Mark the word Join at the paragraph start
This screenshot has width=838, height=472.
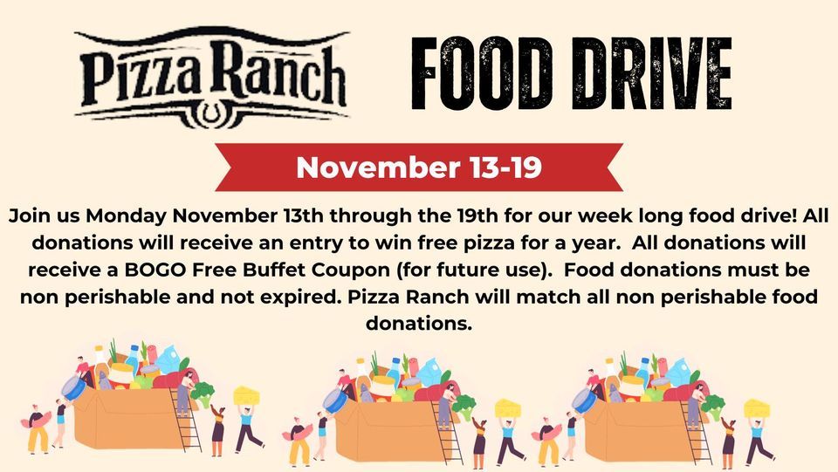click(31, 215)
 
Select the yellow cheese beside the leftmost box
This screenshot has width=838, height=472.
click(246, 395)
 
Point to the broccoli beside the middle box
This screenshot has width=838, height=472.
click(463, 407)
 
